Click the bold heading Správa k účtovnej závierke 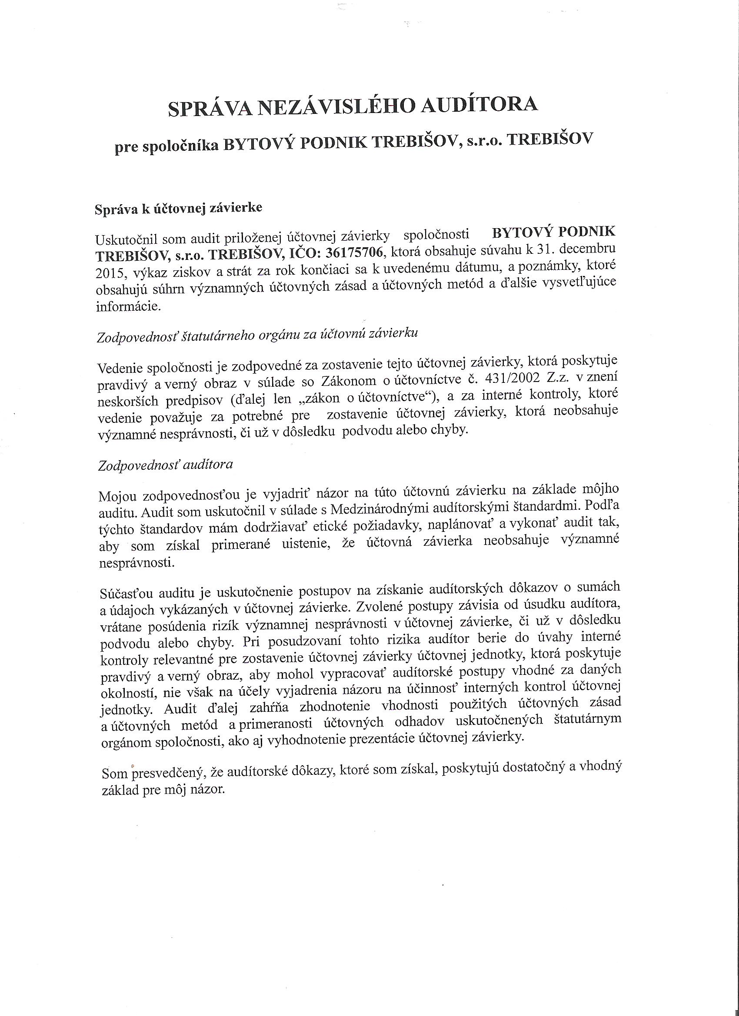pyautogui.click(x=178, y=209)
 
